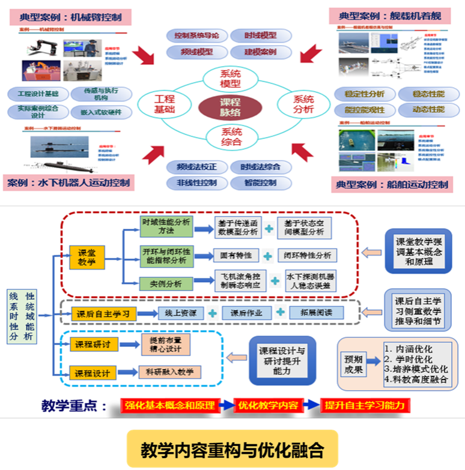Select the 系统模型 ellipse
[231, 78]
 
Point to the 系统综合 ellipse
[231, 137]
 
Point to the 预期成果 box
[353, 364]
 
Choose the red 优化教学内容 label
[267, 405]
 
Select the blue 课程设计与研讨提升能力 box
[282, 360]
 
